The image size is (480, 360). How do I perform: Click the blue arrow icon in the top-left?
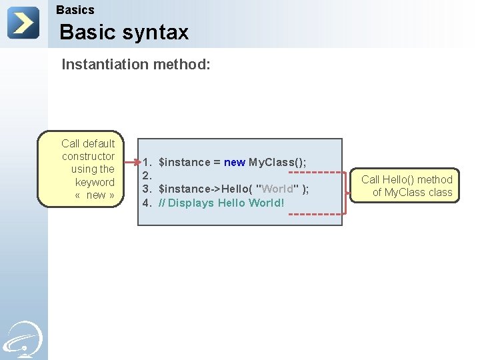23,23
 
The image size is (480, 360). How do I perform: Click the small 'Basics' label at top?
75,10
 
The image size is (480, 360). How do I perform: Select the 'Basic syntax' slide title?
124,32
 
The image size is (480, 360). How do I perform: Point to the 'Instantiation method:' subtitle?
136,65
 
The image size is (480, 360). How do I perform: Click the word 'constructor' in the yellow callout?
88,156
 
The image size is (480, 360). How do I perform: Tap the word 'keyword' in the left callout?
95,182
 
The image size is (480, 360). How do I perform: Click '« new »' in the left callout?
95,195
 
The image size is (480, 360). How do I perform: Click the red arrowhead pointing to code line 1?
137,162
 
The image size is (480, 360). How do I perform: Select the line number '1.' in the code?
148,163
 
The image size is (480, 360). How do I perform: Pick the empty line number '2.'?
148,176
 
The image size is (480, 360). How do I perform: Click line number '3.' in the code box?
148,189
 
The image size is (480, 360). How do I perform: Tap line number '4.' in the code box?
148,203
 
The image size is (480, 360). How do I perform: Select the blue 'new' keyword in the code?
235,163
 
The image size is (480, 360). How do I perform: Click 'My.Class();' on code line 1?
277,163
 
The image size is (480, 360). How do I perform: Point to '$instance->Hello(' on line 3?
205,189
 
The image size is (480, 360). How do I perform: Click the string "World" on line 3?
277,189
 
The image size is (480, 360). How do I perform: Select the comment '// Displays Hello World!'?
221,203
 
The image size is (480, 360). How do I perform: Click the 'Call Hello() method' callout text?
407,179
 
